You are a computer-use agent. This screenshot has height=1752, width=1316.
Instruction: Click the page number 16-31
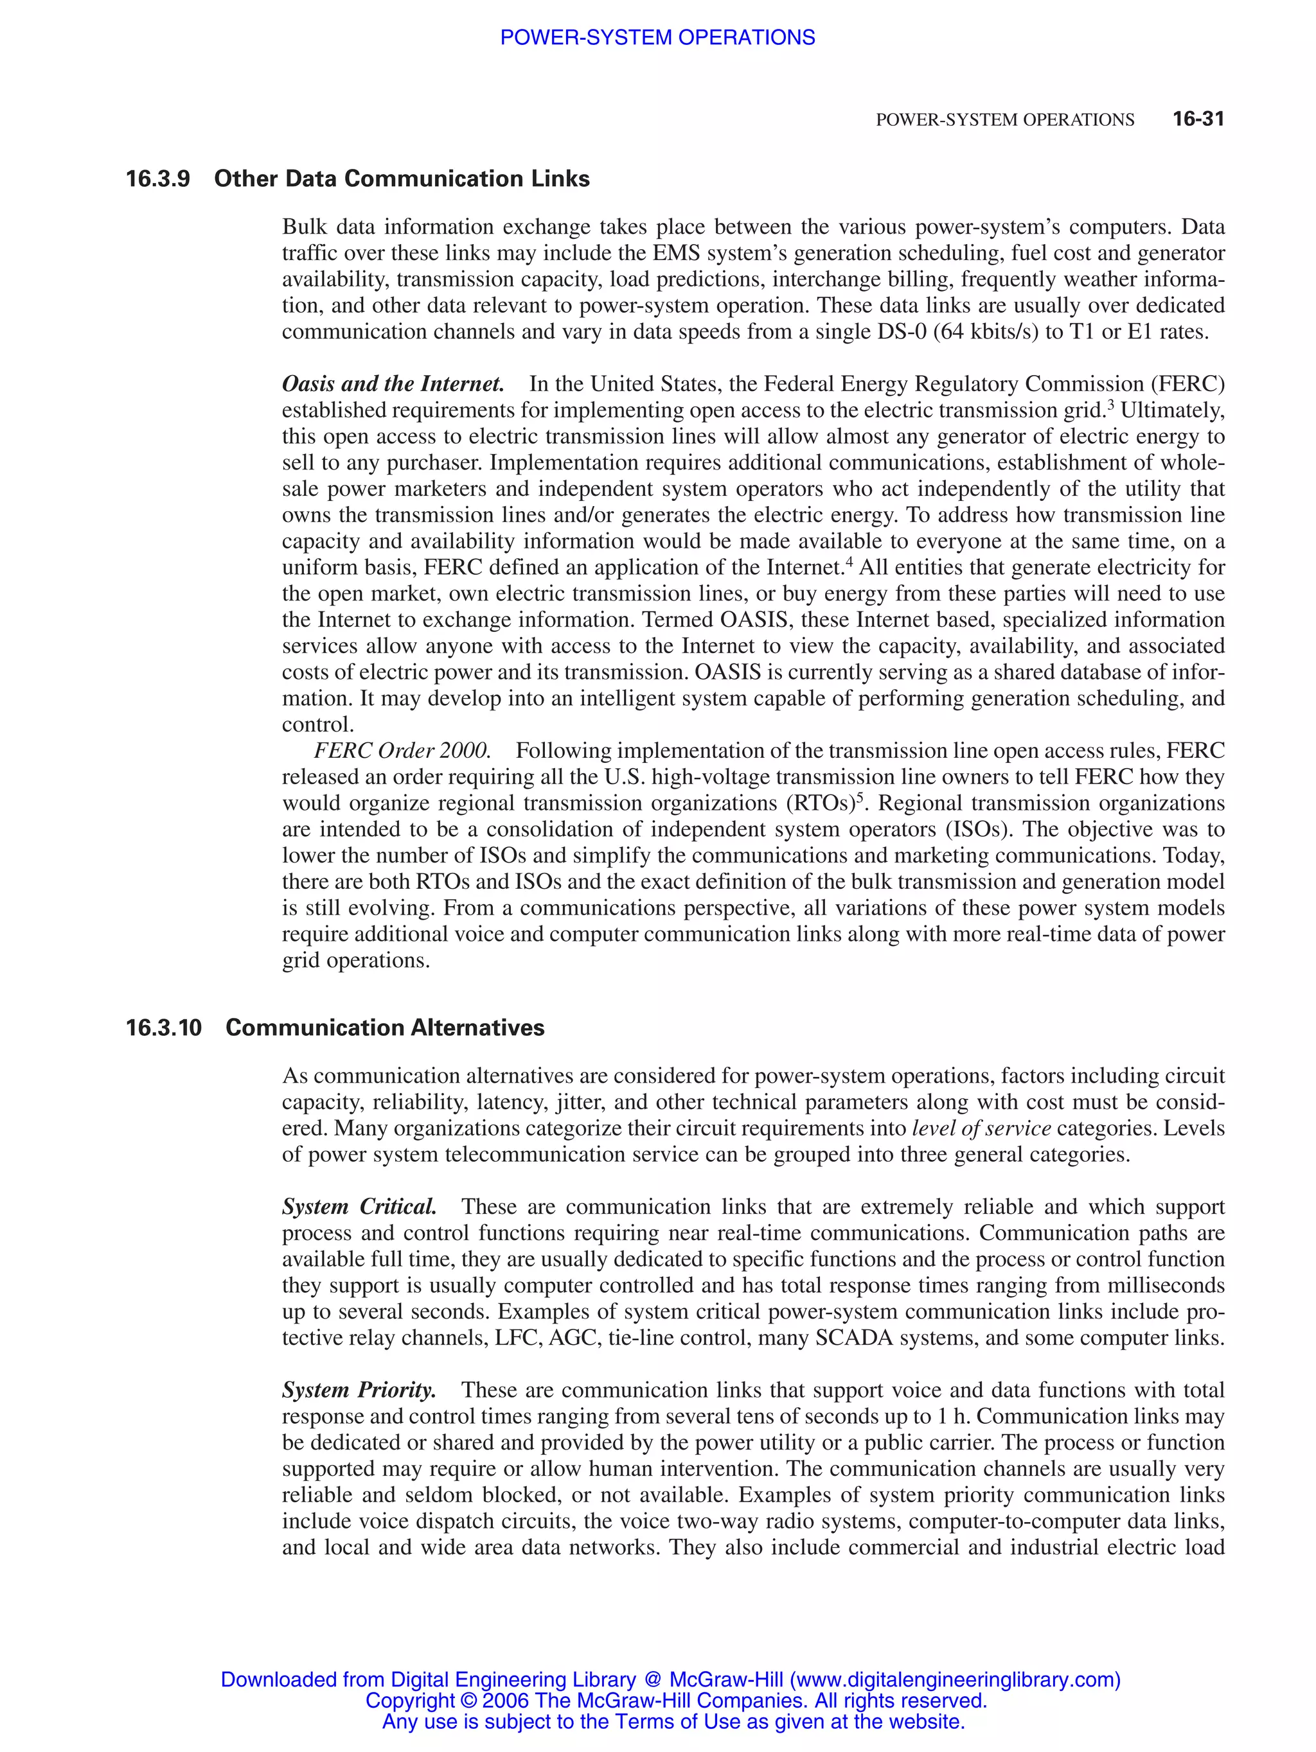pos(1198,119)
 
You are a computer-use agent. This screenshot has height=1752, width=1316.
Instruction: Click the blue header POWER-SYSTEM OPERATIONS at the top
pos(657,37)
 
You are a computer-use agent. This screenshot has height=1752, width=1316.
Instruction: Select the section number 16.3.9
pos(157,179)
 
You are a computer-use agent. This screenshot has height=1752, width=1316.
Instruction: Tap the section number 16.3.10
pos(163,1028)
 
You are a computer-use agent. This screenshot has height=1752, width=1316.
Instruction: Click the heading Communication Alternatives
pos(385,1028)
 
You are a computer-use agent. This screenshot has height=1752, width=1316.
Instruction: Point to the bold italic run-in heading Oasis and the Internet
pos(393,384)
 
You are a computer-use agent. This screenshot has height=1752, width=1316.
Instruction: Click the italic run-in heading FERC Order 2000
pos(402,751)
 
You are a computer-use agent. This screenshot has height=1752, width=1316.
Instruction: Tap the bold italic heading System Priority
pos(359,1390)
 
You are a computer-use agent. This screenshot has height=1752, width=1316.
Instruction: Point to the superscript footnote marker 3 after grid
pos(1110,405)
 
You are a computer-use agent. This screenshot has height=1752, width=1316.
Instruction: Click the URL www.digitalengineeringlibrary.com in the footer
pos(955,1680)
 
